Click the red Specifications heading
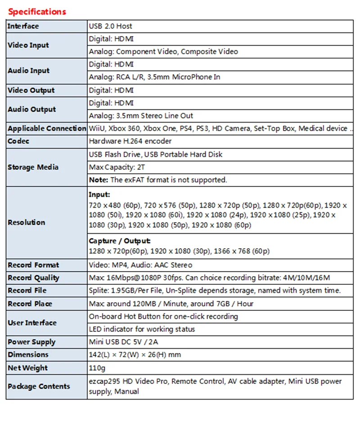[x=37, y=11]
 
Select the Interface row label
[x=23, y=26]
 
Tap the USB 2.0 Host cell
[x=110, y=26]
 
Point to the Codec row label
[x=18, y=141]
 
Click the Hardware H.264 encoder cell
[x=130, y=141]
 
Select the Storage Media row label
[x=33, y=167]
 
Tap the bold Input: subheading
[x=99, y=195]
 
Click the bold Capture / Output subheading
[x=119, y=241]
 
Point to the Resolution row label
[x=26, y=222]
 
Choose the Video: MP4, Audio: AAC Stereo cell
[x=140, y=265]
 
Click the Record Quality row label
[x=33, y=278]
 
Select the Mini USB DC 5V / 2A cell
[x=124, y=342]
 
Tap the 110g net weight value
[x=97, y=368]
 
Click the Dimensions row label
[x=28, y=355]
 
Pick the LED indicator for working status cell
[x=142, y=329]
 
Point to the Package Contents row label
[x=39, y=386]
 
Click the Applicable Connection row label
[x=46, y=128]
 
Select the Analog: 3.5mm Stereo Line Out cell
[x=141, y=116]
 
